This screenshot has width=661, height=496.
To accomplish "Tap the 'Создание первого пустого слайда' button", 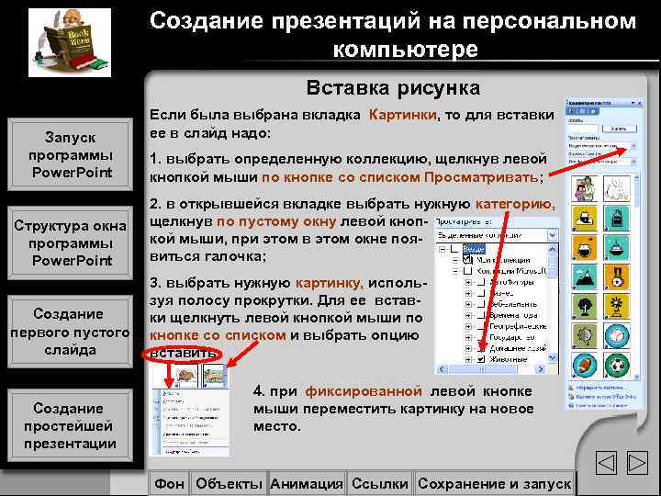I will tap(71, 332).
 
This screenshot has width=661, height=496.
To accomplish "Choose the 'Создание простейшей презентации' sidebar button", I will tap(71, 425).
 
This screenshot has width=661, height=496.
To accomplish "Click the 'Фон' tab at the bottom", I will tap(170, 483).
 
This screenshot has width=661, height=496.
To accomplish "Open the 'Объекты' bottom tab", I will tap(230, 483).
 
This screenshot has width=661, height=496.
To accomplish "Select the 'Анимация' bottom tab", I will tap(307, 483).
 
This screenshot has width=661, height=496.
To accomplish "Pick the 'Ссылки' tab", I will tap(380, 483).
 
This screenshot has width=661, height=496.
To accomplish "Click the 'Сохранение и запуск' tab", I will tap(494, 483).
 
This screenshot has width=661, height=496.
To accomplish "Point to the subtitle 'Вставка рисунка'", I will tap(393, 88).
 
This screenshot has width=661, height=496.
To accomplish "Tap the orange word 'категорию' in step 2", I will tap(514, 204).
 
